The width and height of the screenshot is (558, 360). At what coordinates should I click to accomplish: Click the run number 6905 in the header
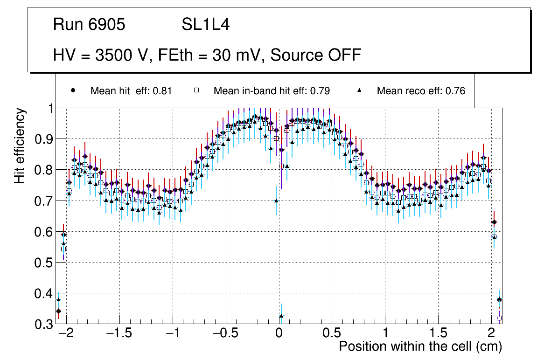tap(107, 25)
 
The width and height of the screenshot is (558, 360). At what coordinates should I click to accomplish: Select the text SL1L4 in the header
tap(206, 25)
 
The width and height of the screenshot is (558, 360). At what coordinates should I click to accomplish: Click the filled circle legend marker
tap(73, 90)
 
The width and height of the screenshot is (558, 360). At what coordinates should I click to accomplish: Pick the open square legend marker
tap(196, 90)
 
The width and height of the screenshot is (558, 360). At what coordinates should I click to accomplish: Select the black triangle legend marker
tap(360, 90)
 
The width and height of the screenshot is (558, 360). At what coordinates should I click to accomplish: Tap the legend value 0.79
tap(321, 91)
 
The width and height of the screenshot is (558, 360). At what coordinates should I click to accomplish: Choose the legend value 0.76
tap(455, 91)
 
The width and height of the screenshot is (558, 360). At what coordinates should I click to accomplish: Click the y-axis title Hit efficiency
tap(20, 145)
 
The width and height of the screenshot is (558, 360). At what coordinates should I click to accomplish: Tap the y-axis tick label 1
tap(49, 108)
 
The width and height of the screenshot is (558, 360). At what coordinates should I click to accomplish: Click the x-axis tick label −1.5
tap(119, 334)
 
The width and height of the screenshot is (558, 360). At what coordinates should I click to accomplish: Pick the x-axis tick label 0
tap(279, 334)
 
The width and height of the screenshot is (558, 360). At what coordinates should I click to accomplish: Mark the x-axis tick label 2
tap(491, 334)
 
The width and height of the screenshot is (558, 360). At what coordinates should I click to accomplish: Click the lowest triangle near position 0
tap(281, 316)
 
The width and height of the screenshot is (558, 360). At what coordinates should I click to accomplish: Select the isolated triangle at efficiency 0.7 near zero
tap(276, 201)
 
